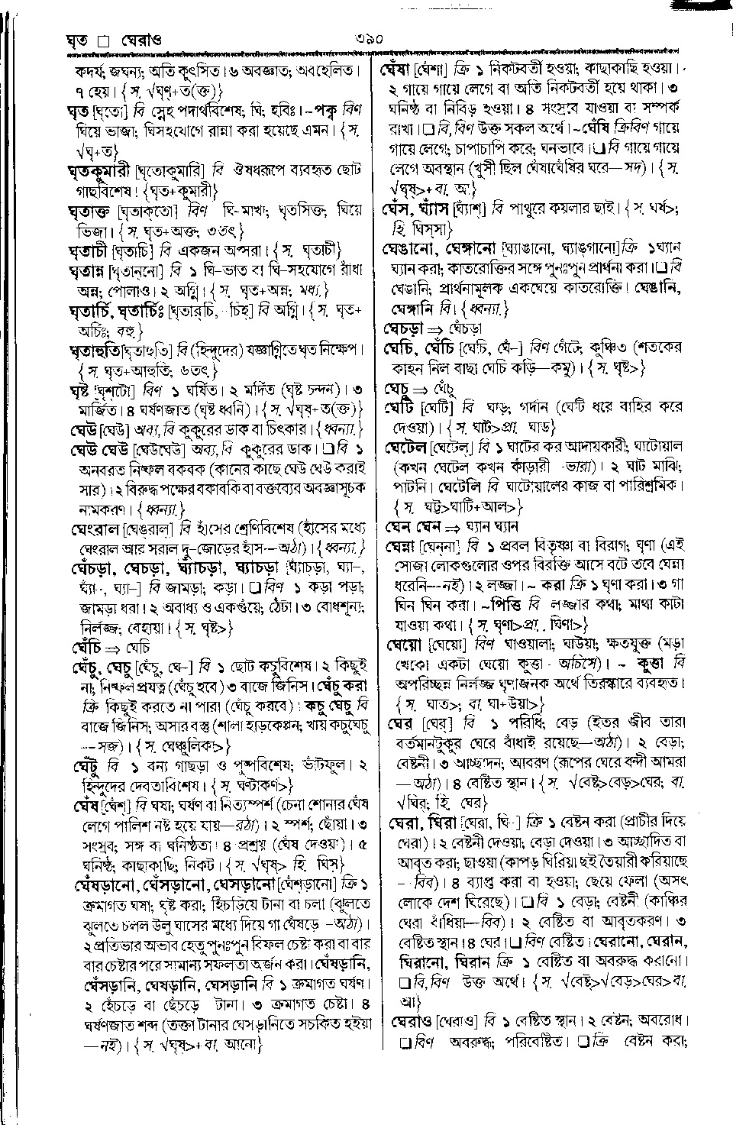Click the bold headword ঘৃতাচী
pos(88,250)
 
